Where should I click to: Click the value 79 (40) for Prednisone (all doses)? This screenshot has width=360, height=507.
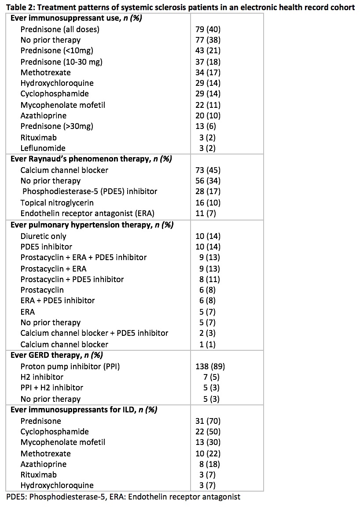pyautogui.click(x=208, y=29)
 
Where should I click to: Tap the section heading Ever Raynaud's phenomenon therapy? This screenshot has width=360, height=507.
pyautogui.click(x=91, y=159)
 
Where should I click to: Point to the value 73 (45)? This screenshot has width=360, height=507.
pyautogui.click(x=208, y=170)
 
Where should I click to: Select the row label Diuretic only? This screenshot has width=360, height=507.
pyautogui.click(x=43, y=236)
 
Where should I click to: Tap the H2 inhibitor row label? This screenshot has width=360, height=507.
pyautogui.click(x=42, y=377)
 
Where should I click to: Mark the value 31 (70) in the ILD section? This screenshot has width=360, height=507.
pyautogui.click(x=208, y=421)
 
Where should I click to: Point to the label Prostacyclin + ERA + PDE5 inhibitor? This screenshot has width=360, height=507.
pyautogui.click(x=83, y=257)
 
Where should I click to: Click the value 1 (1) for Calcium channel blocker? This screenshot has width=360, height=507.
pyautogui.click(x=208, y=345)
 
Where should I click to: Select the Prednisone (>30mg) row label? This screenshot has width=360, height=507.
pyautogui.click(x=57, y=126)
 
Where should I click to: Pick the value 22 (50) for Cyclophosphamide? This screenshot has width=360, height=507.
pyautogui.click(x=208, y=432)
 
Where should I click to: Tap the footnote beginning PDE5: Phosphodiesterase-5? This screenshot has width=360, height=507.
pyautogui.click(x=123, y=497)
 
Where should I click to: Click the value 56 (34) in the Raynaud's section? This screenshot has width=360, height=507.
pyautogui.click(x=208, y=181)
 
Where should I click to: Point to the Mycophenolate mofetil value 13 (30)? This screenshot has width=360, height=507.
pyautogui.click(x=208, y=442)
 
